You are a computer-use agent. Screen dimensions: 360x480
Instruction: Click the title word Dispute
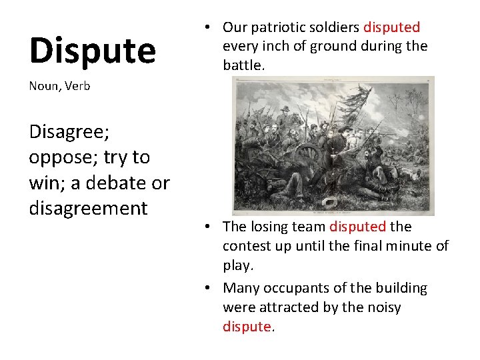point(92,51)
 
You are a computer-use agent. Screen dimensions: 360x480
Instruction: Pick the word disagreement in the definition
point(88,208)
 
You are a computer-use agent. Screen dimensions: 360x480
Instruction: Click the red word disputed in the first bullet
point(391,27)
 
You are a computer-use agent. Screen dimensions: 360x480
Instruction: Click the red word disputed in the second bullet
point(357,227)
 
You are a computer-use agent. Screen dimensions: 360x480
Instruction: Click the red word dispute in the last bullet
point(247,327)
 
